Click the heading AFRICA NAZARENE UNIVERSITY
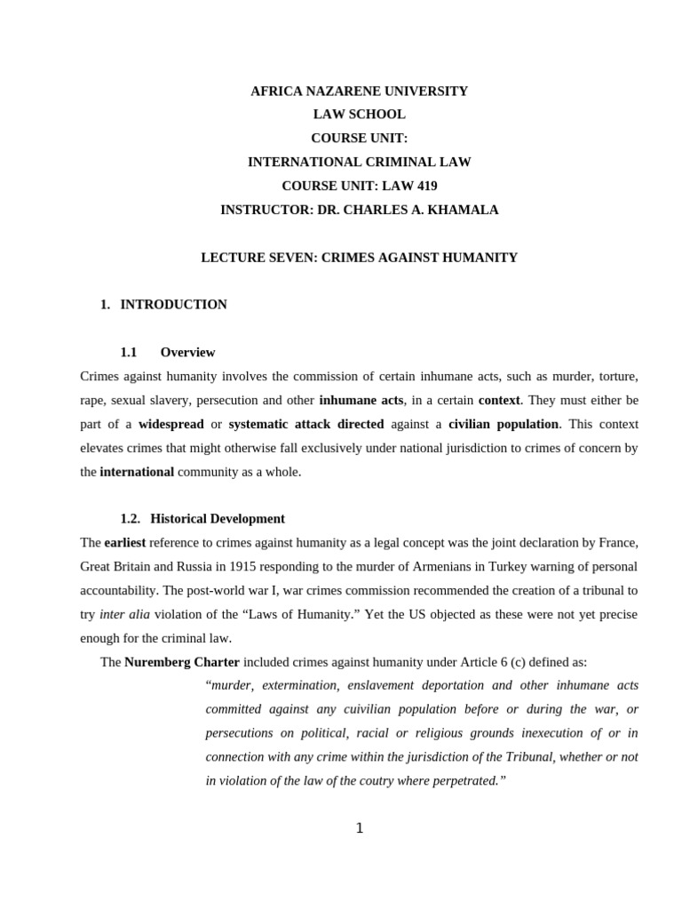tap(359, 91)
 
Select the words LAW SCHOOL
tap(359, 115)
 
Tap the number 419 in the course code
tap(421, 186)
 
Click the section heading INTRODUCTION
tap(173, 305)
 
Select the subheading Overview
tap(187, 353)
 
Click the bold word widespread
tap(170, 424)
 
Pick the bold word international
tap(137, 472)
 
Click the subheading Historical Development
tap(218, 519)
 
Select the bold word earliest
tap(124, 542)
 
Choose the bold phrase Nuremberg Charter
tap(182, 662)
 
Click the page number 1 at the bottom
tap(359, 828)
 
